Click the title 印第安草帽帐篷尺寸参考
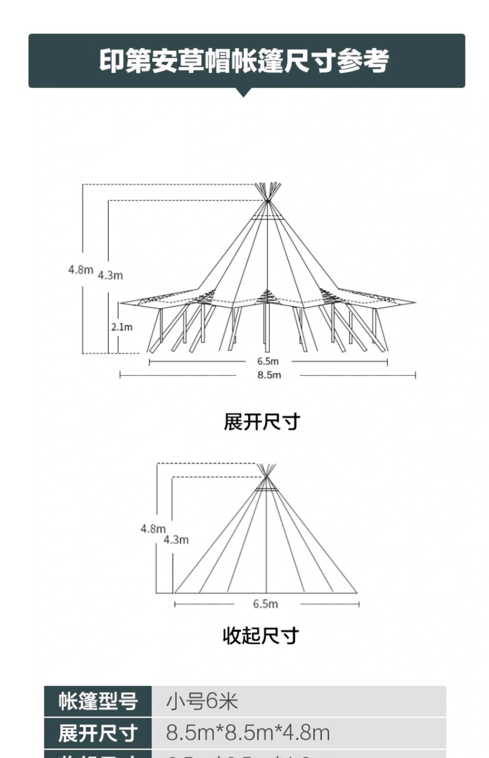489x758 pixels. (x=244, y=61)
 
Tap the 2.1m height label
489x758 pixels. (x=121, y=327)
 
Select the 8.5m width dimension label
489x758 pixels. (x=269, y=375)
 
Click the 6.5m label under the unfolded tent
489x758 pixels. (x=268, y=361)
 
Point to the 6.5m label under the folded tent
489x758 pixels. (x=265, y=604)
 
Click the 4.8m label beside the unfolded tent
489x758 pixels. (x=80, y=270)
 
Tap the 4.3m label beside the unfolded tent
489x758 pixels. (x=110, y=275)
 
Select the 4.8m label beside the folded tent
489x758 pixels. (x=153, y=529)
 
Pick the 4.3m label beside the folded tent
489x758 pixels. (x=176, y=540)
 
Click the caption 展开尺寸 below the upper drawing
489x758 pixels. (x=262, y=422)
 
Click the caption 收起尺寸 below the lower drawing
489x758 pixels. (x=261, y=636)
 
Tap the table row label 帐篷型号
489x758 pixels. (x=98, y=702)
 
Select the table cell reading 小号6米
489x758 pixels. (x=202, y=702)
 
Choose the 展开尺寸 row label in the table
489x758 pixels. (x=98, y=733)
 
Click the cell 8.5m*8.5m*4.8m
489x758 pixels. (x=248, y=733)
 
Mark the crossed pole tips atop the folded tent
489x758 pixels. (x=266, y=470)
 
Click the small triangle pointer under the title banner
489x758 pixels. (x=244, y=92)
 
